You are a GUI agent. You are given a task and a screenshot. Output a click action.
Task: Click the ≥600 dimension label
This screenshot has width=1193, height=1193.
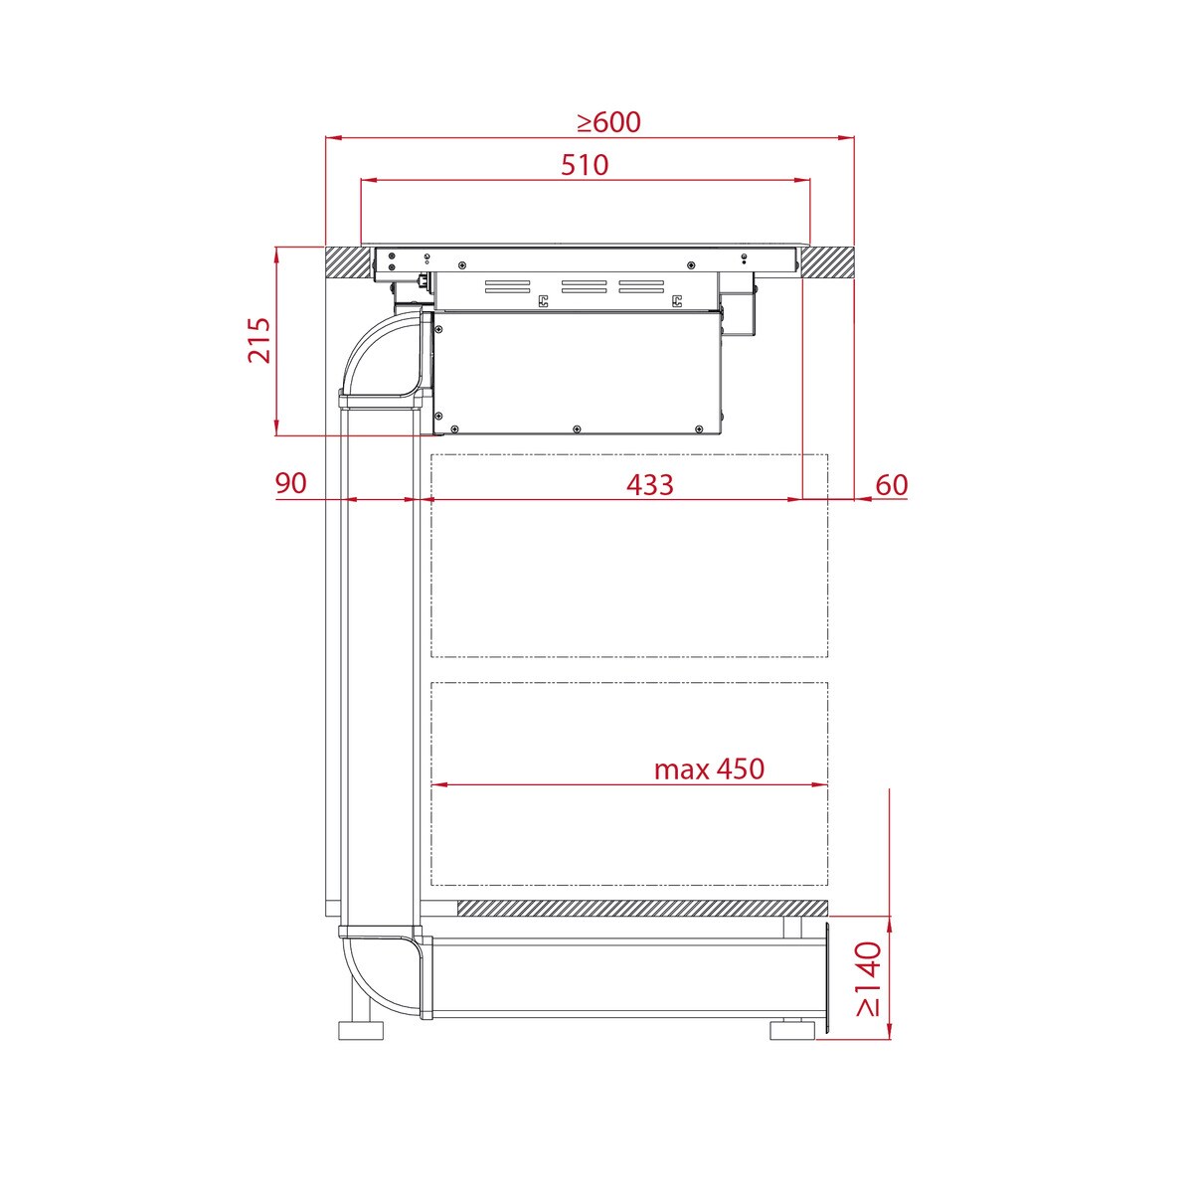point(609,122)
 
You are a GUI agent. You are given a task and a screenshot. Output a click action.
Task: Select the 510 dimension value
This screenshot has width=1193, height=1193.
point(585,164)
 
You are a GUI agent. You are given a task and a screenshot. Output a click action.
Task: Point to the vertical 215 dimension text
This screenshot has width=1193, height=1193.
point(258,340)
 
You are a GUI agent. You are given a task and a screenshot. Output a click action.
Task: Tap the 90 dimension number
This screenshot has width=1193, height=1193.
point(290,484)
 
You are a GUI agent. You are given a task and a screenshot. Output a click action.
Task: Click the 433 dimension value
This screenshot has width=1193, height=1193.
point(650,485)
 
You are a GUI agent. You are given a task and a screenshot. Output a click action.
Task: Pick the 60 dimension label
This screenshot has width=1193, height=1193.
point(892,485)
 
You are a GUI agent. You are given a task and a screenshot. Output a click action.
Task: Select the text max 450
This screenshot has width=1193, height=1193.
point(709,768)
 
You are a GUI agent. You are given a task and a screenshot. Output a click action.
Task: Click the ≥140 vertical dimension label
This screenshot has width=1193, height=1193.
point(868,978)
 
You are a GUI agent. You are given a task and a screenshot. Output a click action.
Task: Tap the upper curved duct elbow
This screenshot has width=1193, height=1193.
point(378,358)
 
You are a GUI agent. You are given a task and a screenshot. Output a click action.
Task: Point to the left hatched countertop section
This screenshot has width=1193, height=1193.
point(343,262)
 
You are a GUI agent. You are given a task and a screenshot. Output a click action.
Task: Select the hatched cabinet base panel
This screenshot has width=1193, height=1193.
point(641,909)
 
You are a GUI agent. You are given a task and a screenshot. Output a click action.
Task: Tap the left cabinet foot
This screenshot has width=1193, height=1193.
point(360,1030)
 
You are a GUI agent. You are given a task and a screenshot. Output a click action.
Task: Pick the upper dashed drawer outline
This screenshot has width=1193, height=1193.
point(628,555)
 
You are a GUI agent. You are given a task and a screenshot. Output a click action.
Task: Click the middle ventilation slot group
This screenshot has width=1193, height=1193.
point(584,287)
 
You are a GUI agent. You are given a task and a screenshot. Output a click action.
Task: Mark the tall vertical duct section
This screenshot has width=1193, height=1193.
point(378,666)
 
